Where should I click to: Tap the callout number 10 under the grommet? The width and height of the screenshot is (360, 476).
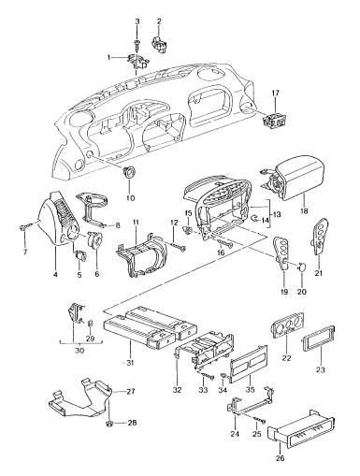pyautogui.click(x=130, y=198)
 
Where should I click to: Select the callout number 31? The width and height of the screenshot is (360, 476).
pyautogui.click(x=130, y=359)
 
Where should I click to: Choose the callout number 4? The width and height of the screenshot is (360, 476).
pyautogui.click(x=56, y=276)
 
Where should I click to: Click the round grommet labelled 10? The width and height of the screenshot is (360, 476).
pyautogui.click(x=128, y=173)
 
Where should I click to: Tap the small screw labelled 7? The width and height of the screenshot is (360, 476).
pyautogui.click(x=20, y=229)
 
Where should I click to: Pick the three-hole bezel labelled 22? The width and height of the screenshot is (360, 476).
pyautogui.click(x=286, y=334)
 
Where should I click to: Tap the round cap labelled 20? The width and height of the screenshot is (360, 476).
pyautogui.click(x=304, y=269)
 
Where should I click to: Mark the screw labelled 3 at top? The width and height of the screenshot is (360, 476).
pyautogui.click(x=137, y=40)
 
